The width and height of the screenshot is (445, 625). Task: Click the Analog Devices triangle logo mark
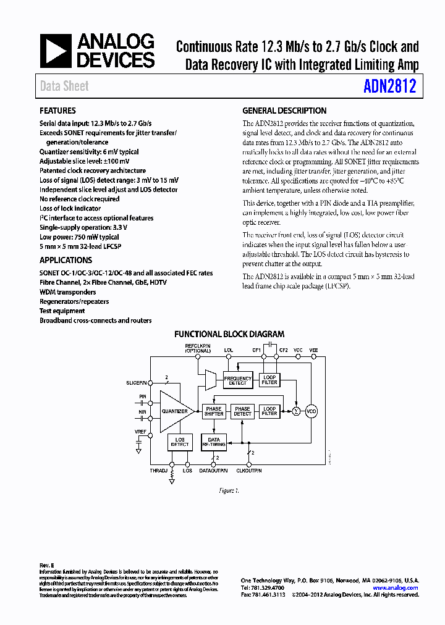[56, 51]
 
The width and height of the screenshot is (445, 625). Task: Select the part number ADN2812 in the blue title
[390, 86]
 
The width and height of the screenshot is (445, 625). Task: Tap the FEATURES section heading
[58, 111]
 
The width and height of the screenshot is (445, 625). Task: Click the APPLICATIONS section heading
[66, 261]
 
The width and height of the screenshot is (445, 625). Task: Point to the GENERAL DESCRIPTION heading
[284, 111]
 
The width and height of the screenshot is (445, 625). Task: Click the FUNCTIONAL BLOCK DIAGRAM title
[229, 334]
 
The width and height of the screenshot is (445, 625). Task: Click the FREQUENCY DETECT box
[238, 380]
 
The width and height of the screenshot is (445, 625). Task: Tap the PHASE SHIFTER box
[214, 411]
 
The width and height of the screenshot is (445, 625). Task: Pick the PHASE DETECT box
[242, 411]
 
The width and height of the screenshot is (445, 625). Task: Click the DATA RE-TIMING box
[214, 442]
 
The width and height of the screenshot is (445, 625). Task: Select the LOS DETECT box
[180, 442]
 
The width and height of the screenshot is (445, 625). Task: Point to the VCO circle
[311, 411]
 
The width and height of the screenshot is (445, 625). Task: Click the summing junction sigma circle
[296, 411]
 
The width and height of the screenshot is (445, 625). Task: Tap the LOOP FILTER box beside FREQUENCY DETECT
[269, 380]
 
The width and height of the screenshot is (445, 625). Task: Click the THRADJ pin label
[158, 471]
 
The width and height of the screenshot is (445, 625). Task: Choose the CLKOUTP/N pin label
[250, 471]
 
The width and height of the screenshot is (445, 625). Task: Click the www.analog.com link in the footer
[395, 588]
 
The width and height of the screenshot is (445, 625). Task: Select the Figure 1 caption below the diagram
[229, 490]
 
